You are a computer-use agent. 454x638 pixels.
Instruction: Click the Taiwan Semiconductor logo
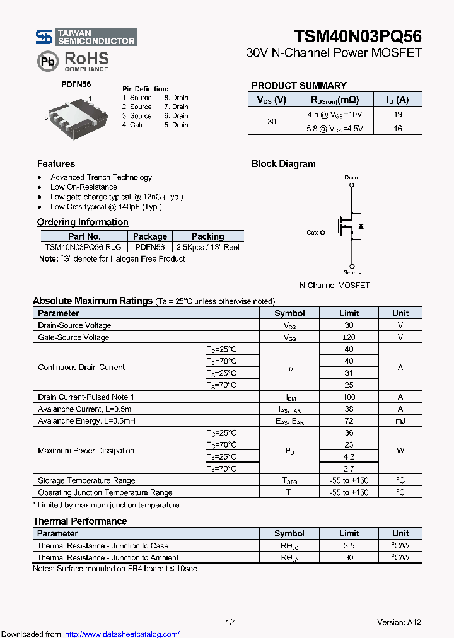click(x=86, y=37)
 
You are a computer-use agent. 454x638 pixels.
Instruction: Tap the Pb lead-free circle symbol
click(x=47, y=61)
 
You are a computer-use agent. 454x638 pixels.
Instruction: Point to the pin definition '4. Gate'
click(x=134, y=125)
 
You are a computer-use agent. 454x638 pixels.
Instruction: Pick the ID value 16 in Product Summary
click(x=397, y=129)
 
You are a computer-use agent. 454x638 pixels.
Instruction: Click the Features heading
click(x=56, y=164)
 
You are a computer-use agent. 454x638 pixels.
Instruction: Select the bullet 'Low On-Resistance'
click(x=84, y=187)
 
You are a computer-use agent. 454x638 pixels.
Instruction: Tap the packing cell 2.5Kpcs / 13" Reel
click(x=207, y=248)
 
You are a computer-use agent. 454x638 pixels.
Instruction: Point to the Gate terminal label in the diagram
click(x=313, y=233)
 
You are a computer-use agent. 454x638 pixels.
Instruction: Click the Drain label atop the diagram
click(x=351, y=177)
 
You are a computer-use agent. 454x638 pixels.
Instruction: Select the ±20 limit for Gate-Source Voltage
click(x=349, y=337)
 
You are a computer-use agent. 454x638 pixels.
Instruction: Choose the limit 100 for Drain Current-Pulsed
click(x=349, y=397)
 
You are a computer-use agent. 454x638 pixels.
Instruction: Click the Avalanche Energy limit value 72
click(x=349, y=421)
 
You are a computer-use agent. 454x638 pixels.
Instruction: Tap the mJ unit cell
click(x=400, y=421)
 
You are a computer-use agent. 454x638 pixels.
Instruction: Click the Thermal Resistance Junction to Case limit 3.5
click(x=349, y=546)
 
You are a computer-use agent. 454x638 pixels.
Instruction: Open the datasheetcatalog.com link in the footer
click(x=122, y=634)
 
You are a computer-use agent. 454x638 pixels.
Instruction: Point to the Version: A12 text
click(x=399, y=622)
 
